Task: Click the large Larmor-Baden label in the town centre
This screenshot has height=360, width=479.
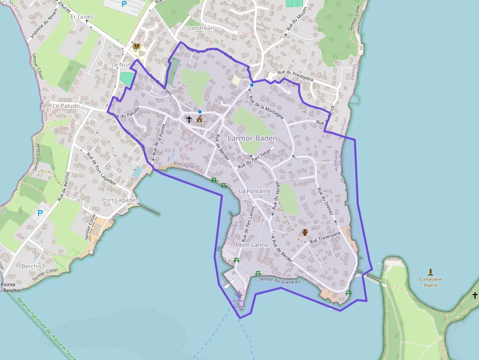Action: click(252, 138)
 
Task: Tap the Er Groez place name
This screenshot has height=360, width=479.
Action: click(82, 17)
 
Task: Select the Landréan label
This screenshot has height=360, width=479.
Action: click(201, 28)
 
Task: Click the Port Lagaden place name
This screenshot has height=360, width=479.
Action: click(120, 200)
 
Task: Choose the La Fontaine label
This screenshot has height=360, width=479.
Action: click(255, 191)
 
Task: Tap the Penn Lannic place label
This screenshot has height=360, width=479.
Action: click(253, 244)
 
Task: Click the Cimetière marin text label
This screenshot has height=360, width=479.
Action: click(431, 282)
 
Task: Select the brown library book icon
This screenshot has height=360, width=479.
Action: click(137, 46)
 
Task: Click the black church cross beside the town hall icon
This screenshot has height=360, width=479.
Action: click(189, 119)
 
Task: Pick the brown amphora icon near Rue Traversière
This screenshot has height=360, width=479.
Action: click(305, 232)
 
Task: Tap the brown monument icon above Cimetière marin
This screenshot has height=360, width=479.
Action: click(431, 272)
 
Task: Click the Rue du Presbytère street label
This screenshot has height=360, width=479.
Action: click(295, 75)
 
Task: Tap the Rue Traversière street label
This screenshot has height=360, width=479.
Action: click(325, 238)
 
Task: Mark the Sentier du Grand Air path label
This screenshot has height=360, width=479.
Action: click(280, 281)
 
